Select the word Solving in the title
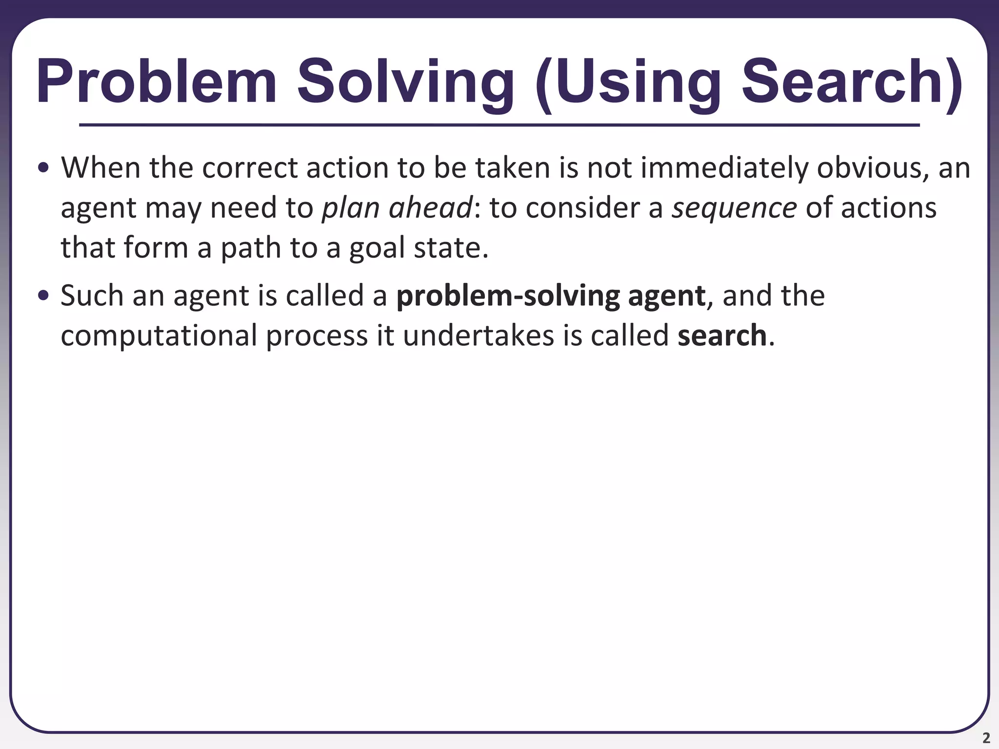point(405,81)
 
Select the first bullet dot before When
point(43,168)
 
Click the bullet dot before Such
point(43,296)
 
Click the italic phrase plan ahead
point(397,208)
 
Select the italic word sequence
point(734,208)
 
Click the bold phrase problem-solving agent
point(551,296)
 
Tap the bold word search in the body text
point(722,336)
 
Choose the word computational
point(159,336)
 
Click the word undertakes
point(479,336)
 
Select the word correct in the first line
point(249,168)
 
